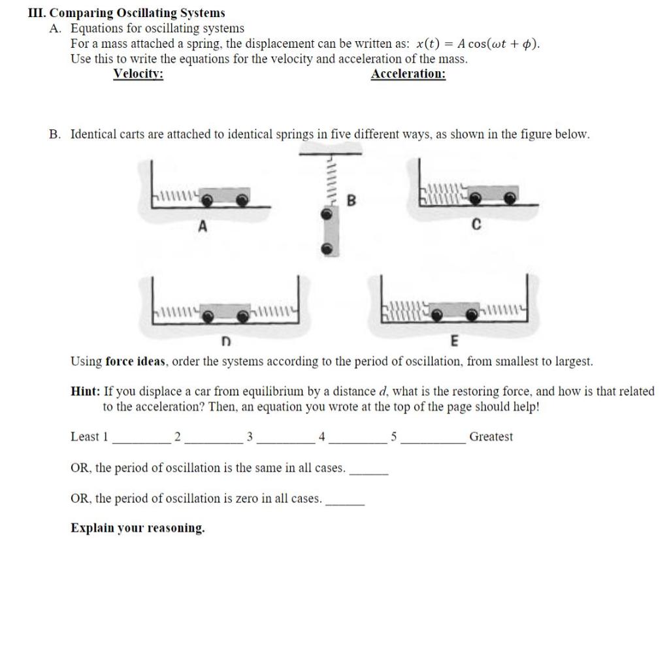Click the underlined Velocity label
(x=138, y=74)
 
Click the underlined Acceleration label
(x=408, y=74)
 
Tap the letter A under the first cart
(x=203, y=226)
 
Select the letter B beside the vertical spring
(x=351, y=201)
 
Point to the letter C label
(x=476, y=225)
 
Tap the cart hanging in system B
(x=330, y=232)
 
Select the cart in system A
(x=225, y=197)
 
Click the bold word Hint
(x=86, y=392)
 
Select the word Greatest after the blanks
(x=491, y=437)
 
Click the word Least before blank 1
(x=85, y=437)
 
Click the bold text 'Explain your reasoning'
(x=137, y=528)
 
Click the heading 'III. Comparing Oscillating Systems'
(x=127, y=13)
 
